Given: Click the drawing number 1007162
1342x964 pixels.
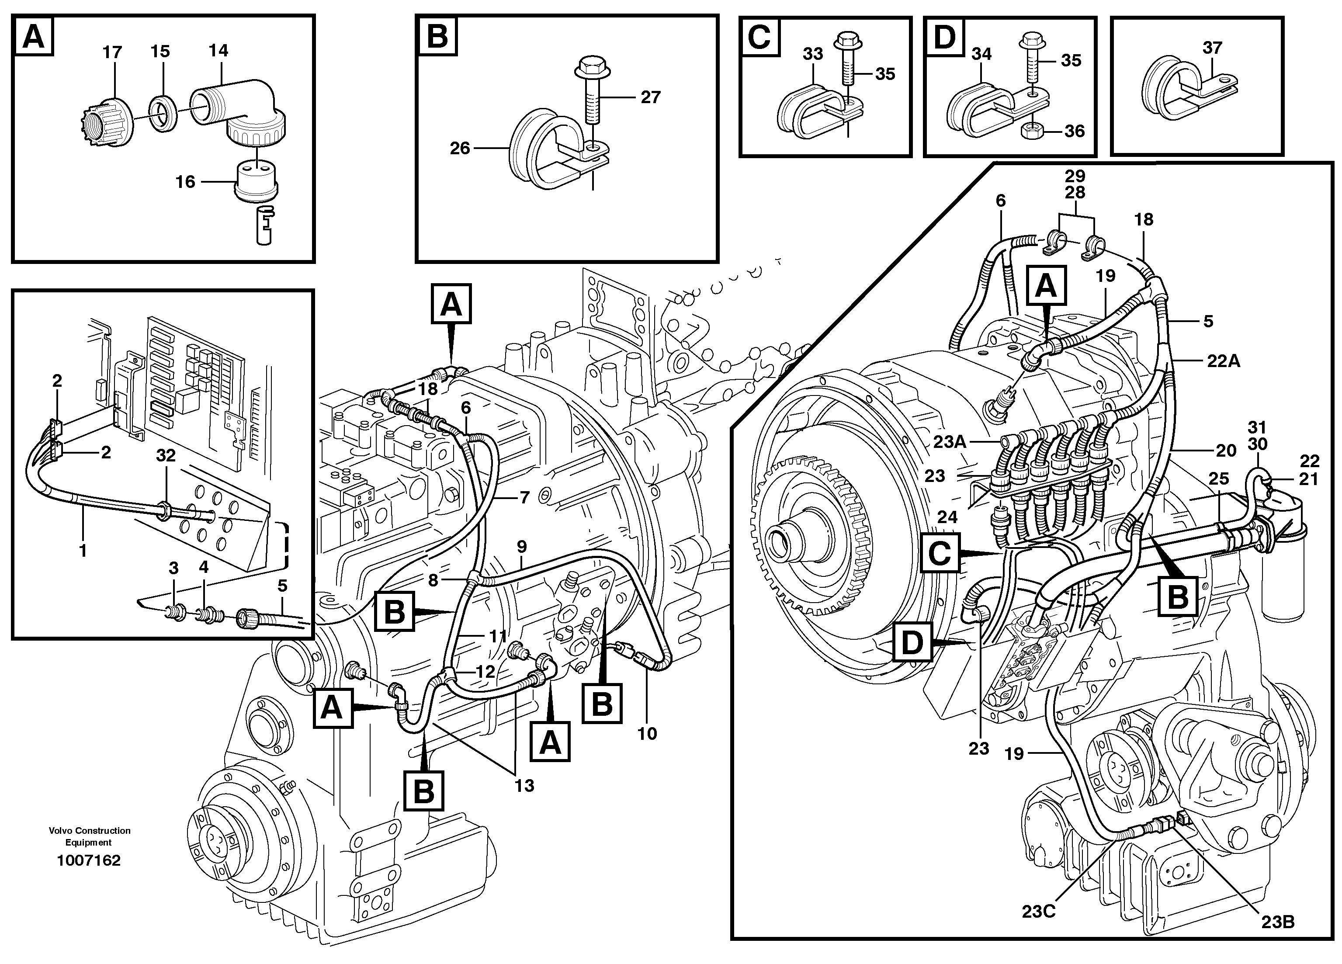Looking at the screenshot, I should pyautogui.click(x=88, y=860).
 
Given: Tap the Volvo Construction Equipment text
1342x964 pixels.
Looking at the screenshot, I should pyautogui.click(x=89, y=836).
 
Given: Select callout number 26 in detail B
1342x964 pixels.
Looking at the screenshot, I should pyautogui.click(x=460, y=148).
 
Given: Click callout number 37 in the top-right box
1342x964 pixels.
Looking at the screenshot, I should pyautogui.click(x=1212, y=48).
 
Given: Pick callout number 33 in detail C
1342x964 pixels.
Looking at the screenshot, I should pyautogui.click(x=812, y=54).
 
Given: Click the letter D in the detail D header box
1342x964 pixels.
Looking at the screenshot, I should pyautogui.click(x=944, y=37).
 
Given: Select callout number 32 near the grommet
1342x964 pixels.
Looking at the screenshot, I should pyautogui.click(x=166, y=456).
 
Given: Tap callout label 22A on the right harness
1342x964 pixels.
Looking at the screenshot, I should pyautogui.click(x=1223, y=361).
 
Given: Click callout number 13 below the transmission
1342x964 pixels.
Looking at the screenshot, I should pyautogui.click(x=524, y=785).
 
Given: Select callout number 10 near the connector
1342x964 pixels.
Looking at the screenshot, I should pyautogui.click(x=647, y=734).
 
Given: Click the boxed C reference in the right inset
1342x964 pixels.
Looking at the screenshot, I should pyautogui.click(x=940, y=555).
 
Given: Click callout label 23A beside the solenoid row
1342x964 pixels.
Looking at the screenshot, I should pyautogui.click(x=950, y=441).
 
